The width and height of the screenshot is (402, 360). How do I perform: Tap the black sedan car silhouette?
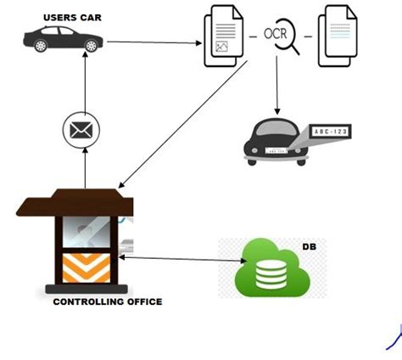point(64,39)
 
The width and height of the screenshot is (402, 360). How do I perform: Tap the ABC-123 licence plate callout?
point(332,132)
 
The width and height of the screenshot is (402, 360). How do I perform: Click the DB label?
point(308,247)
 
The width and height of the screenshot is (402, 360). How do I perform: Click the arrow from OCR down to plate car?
point(276,89)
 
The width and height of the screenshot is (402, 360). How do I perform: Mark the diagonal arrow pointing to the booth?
point(174,132)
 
